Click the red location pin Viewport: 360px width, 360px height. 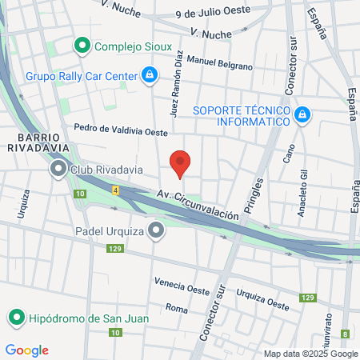(x=181, y=163)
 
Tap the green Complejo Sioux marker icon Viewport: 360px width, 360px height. (x=81, y=46)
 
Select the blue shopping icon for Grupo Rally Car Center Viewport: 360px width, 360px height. (x=149, y=76)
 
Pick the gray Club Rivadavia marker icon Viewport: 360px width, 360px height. (x=58, y=169)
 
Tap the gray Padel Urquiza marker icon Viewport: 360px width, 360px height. (x=156, y=231)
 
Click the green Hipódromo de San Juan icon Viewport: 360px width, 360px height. (x=15, y=318)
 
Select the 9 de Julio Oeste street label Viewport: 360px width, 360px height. (x=214, y=14)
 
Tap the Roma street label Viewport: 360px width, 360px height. (x=176, y=308)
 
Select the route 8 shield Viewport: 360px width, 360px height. (x=345, y=334)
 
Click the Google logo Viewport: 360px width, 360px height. (x=26, y=350)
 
